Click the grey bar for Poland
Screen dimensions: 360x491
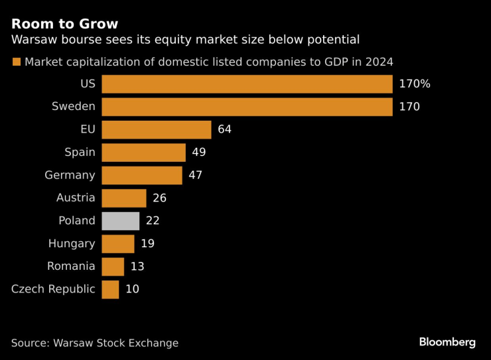tap(121, 221)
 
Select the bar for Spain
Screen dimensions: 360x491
tap(143, 152)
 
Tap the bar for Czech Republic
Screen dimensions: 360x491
tap(110, 289)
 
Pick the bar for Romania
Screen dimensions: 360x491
tap(113, 267)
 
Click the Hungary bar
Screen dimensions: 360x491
tap(118, 243)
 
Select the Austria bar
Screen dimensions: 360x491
tap(124, 198)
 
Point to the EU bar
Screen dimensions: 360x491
tap(157, 129)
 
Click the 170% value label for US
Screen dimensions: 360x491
tap(415, 84)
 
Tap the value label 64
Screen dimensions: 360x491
tap(224, 129)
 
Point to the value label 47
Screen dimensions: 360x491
tap(195, 175)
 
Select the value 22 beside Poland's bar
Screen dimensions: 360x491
tap(153, 221)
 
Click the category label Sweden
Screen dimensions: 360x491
tap(74, 106)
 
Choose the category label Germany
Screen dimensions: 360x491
tap(70, 175)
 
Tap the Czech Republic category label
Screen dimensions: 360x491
tap(53, 289)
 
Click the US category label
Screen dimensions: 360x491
tap(87, 84)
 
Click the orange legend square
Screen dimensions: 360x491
tap(16, 62)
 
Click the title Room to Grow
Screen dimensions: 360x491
tap(64, 25)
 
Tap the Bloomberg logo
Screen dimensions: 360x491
tap(447, 342)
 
